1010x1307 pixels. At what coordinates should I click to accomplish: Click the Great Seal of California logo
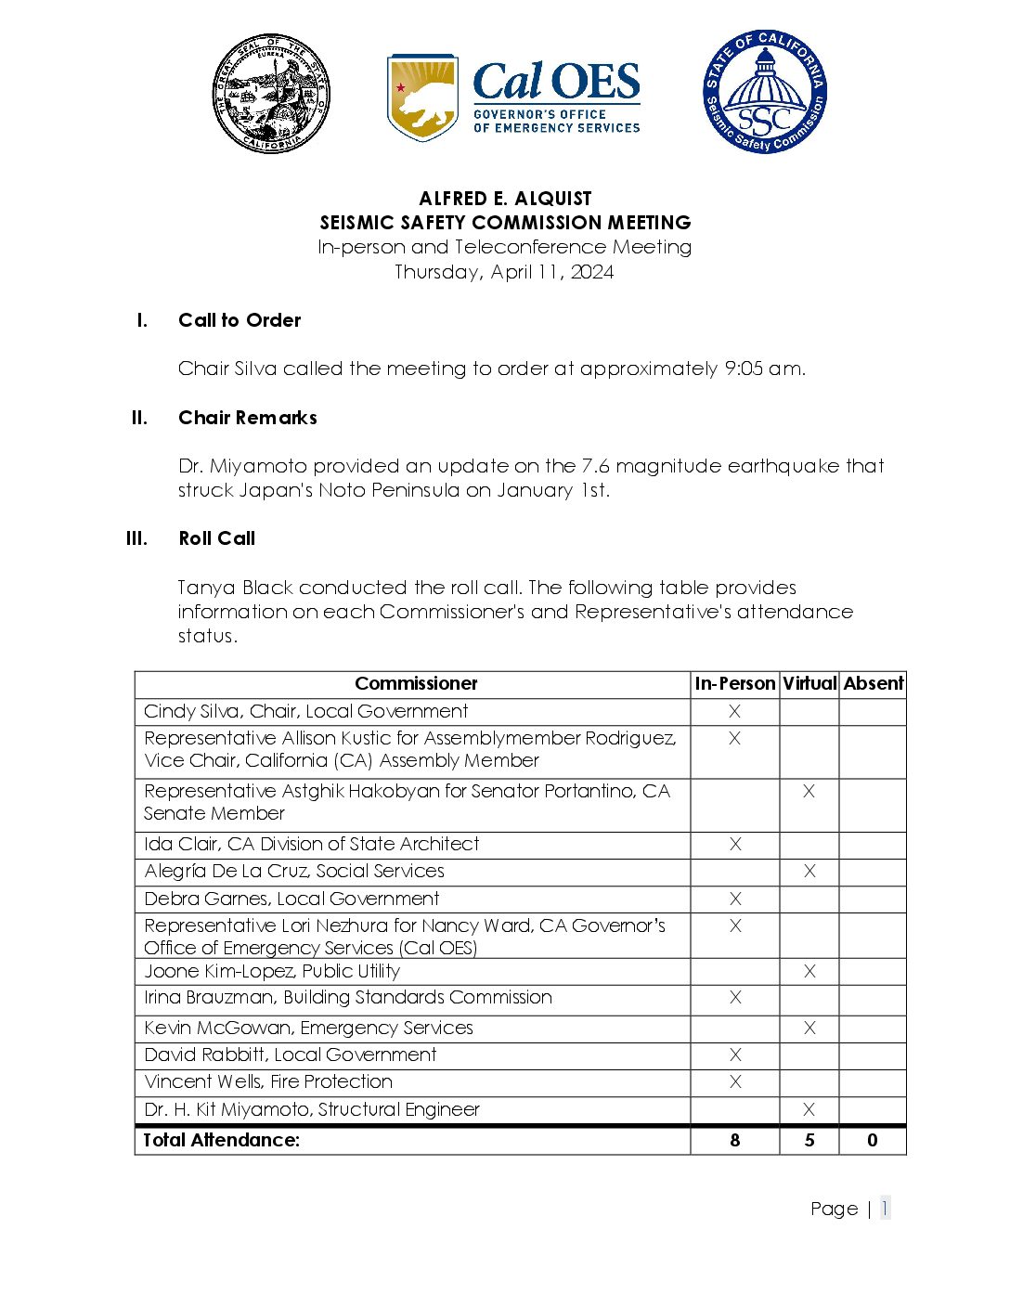point(270,94)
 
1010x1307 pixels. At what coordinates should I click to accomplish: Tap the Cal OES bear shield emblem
point(422,97)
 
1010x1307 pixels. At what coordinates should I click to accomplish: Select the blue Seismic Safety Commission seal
point(764,92)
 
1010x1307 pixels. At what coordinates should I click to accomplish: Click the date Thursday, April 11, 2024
point(504,272)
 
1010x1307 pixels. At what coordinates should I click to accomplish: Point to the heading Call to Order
point(240,320)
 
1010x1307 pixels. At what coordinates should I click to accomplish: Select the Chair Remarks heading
point(248,418)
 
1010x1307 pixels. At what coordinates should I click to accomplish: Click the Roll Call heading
point(216,538)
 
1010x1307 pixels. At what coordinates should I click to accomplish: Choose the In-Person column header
point(734,684)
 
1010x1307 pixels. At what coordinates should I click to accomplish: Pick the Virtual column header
point(809,684)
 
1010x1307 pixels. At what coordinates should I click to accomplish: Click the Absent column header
point(873,684)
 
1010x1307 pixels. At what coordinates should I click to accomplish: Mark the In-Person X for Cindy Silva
point(734,712)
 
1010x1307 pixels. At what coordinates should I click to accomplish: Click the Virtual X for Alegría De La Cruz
point(809,871)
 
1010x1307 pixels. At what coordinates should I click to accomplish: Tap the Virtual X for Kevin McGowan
point(809,1028)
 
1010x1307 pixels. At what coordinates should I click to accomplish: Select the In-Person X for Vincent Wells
point(735,1081)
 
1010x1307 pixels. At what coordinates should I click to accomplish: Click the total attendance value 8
point(735,1140)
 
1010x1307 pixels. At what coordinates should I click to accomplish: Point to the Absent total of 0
point(873,1140)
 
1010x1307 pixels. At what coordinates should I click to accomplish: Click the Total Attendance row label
point(222,1140)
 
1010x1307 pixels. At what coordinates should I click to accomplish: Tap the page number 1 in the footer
point(885,1208)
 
